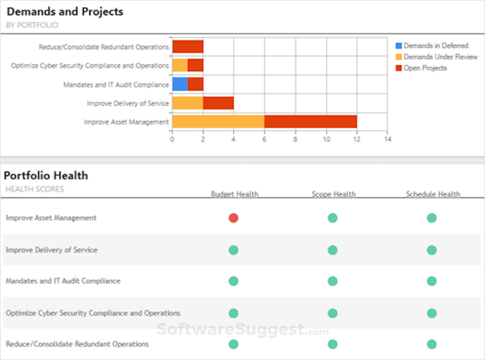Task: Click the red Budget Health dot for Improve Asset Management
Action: (234, 218)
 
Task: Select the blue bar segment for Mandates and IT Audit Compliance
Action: (180, 84)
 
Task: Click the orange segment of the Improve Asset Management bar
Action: (218, 122)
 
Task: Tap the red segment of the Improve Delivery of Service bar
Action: (218, 103)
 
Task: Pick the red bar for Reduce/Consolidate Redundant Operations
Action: (188, 47)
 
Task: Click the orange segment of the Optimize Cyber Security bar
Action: (180, 65)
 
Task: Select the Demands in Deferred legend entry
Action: (432, 46)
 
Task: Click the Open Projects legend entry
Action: (421, 68)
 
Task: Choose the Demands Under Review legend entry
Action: (437, 57)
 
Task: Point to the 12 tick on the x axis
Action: (357, 139)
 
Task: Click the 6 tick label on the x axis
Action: (264, 139)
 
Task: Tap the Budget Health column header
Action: (234, 194)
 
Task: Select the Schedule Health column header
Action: (433, 194)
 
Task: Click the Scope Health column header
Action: (334, 194)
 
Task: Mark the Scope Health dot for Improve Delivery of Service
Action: (333, 250)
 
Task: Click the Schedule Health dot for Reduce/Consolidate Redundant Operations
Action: (432, 344)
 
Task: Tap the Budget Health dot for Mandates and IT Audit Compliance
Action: (234, 281)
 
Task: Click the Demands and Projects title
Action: (65, 12)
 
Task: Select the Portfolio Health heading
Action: (46, 176)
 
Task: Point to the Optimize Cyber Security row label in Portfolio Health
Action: (93, 313)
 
